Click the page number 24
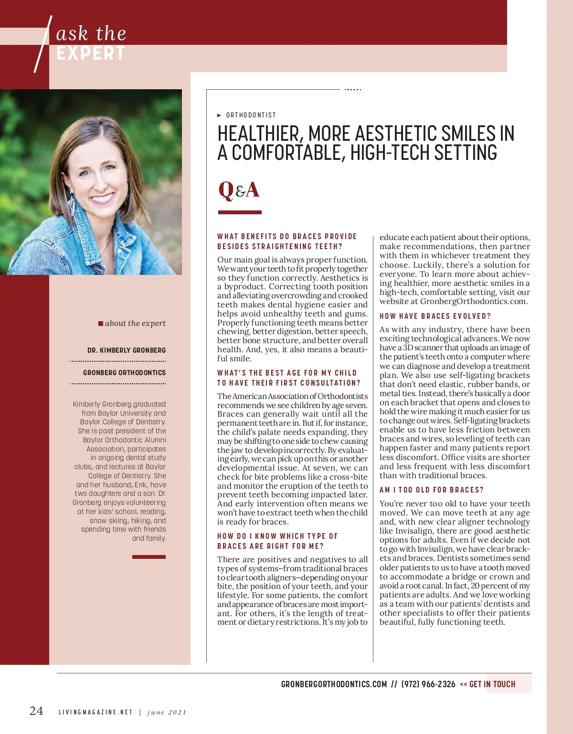coord(36,711)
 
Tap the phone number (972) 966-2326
coord(428,684)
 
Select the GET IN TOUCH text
coord(492,684)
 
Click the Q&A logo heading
coord(239,190)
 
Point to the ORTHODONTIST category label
coord(251,115)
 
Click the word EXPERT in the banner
coord(91,53)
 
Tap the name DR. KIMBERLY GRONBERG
coord(127,350)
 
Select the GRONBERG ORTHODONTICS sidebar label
coord(124,373)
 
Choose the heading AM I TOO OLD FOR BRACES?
coord(432,490)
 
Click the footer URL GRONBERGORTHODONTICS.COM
coord(334,684)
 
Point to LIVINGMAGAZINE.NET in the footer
coord(95,713)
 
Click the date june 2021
coord(167,713)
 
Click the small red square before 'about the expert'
coord(101,324)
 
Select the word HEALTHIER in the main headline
coord(258,134)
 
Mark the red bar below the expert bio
coord(149,557)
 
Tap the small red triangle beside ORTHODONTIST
coord(219,115)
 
